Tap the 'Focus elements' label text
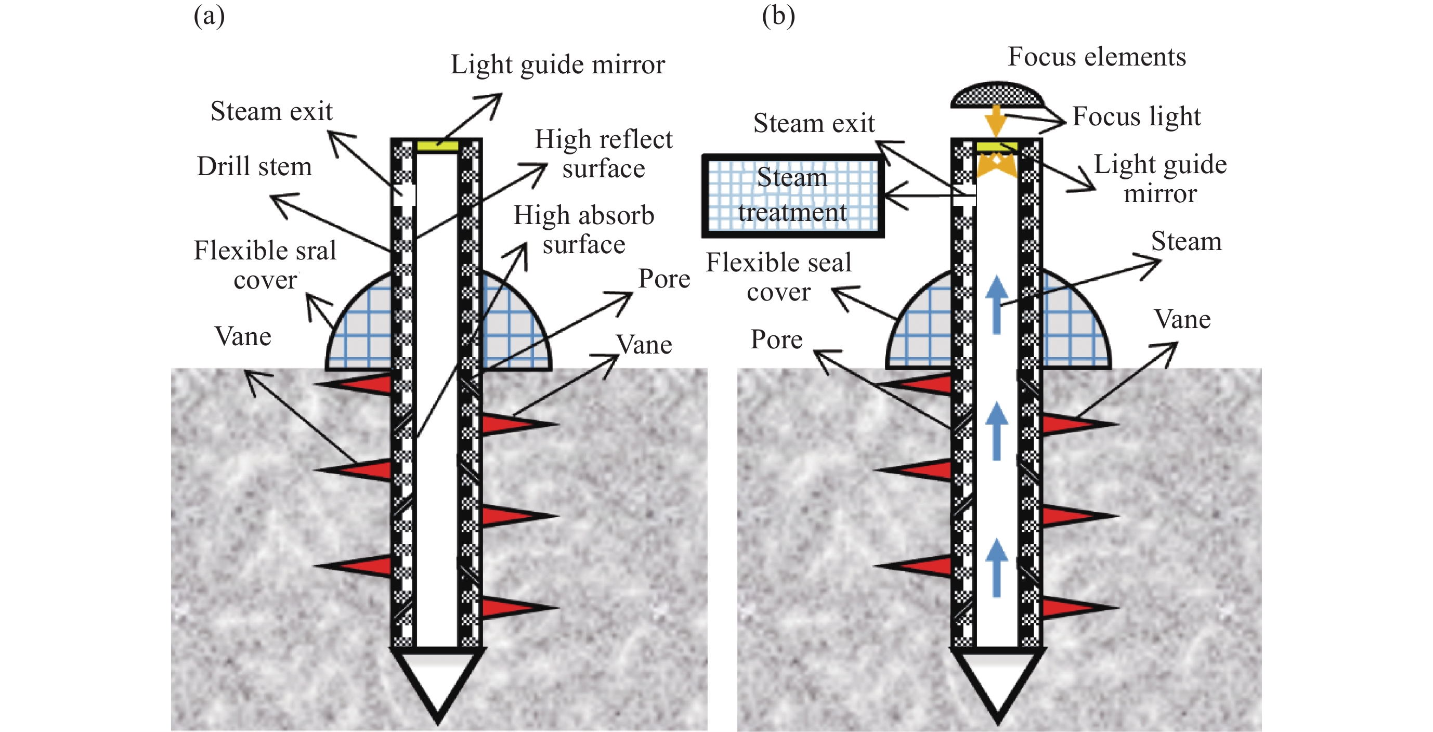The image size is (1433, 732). [1097, 57]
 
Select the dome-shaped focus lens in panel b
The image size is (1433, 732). [996, 95]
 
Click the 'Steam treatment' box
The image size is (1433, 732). [793, 196]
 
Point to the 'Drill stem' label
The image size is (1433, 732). [254, 166]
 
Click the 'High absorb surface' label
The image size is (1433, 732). [583, 229]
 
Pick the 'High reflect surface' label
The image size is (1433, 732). [604, 153]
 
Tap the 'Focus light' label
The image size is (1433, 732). [1137, 116]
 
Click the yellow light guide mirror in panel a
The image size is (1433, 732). [437, 146]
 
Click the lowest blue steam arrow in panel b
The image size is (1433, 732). [996, 567]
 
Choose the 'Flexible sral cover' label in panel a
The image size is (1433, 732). [265, 265]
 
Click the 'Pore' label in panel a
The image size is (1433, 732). [663, 278]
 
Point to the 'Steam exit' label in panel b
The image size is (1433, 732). [814, 123]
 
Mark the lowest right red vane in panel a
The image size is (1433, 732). [515, 607]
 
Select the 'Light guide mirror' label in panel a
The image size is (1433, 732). [557, 64]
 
